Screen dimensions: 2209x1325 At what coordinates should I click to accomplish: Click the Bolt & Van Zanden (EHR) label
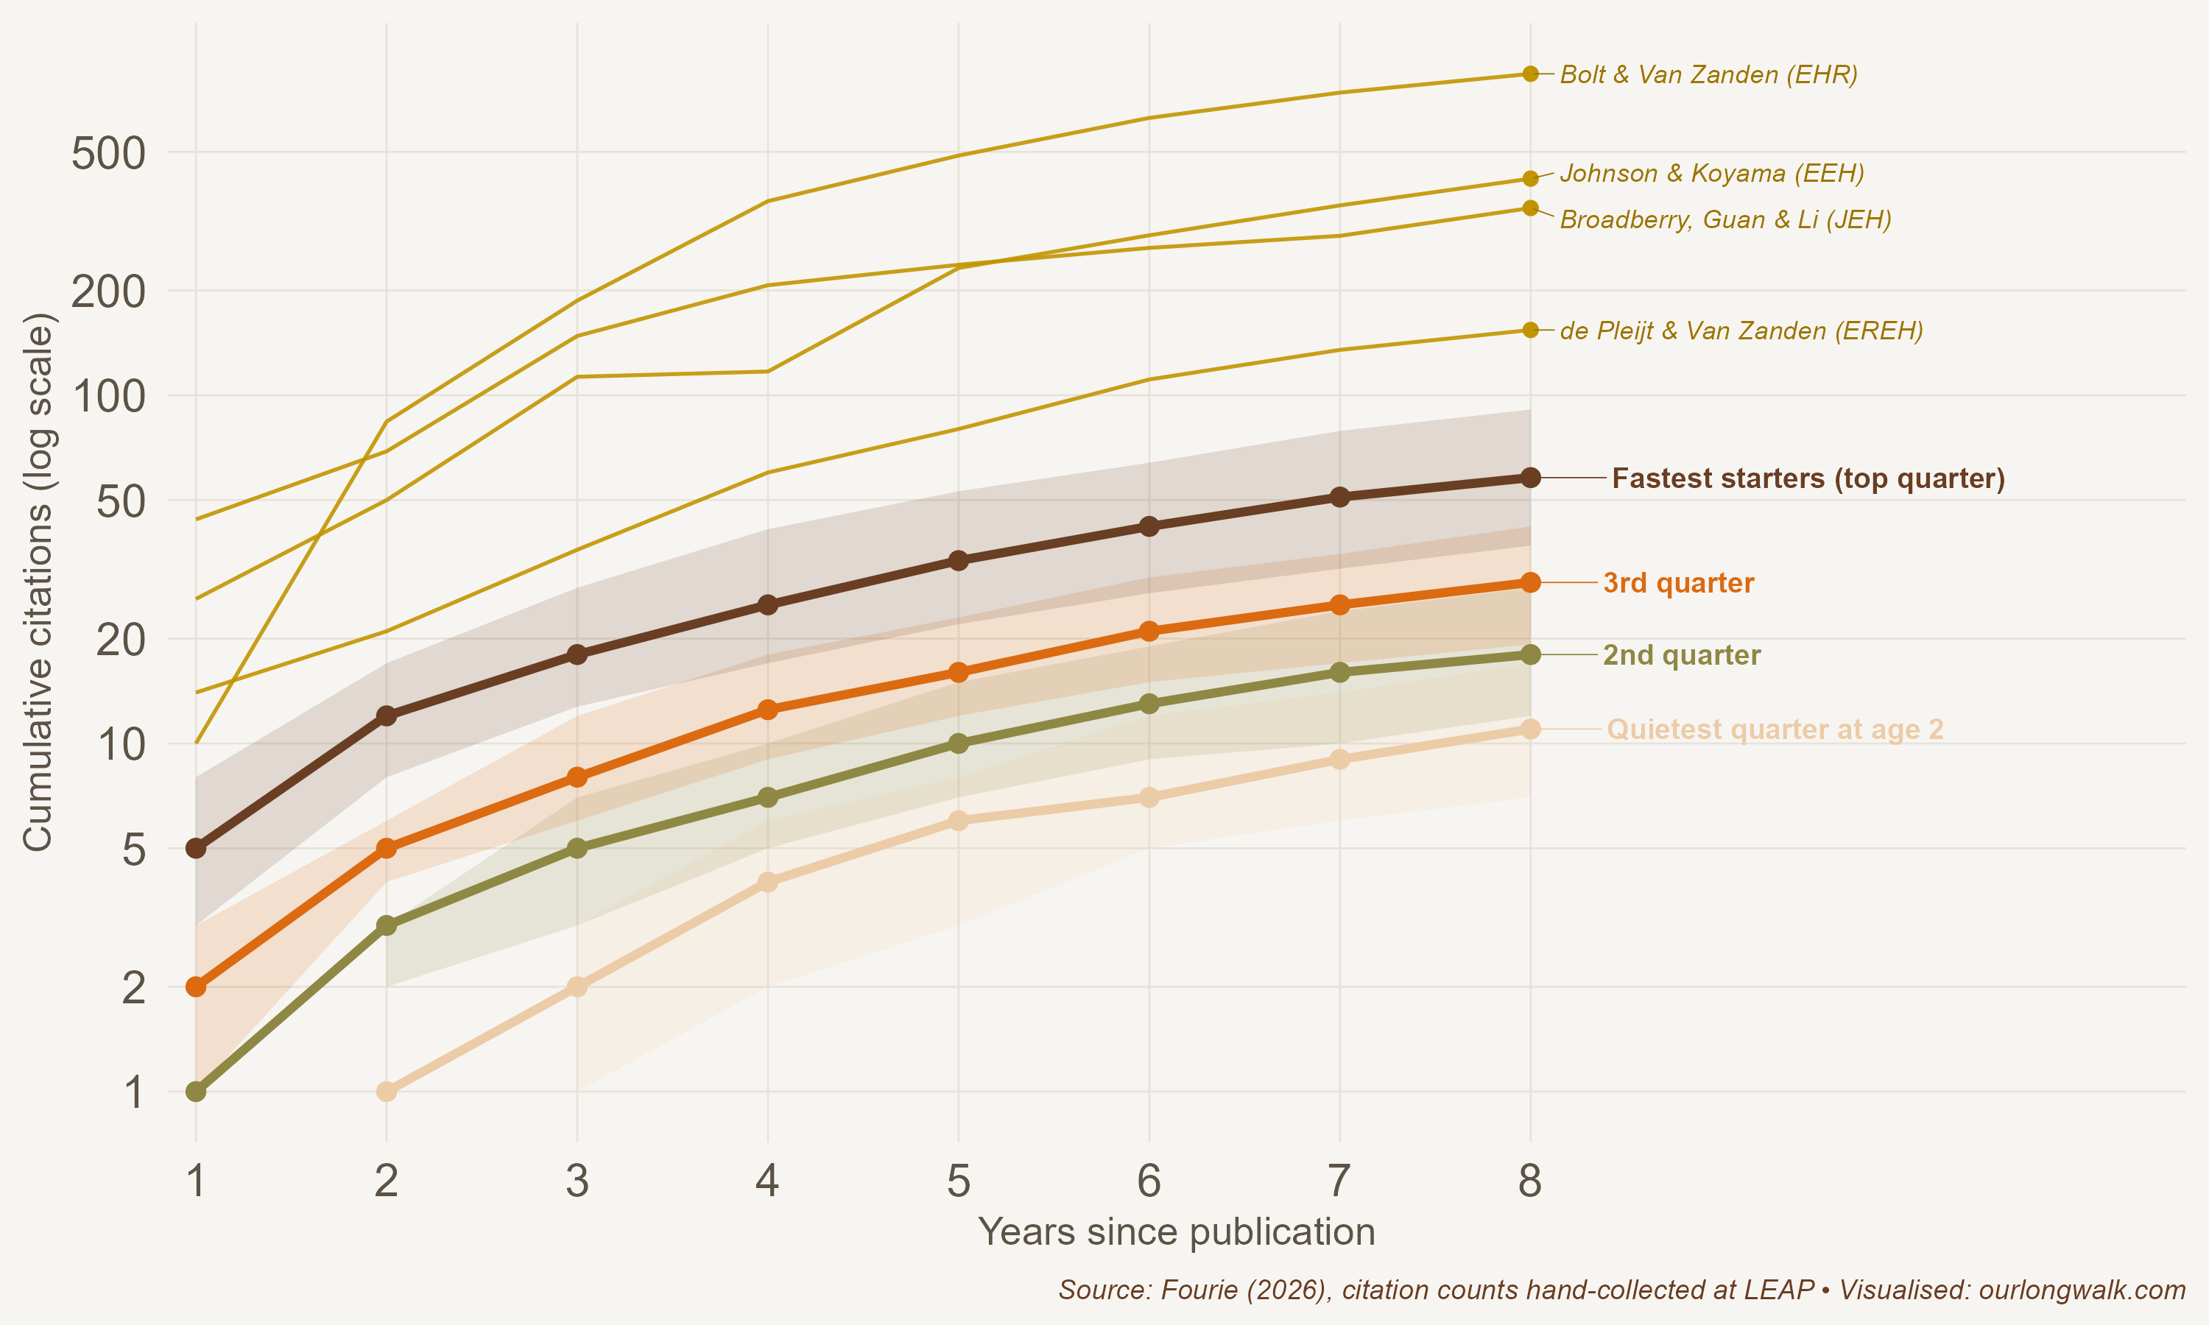click(x=1708, y=74)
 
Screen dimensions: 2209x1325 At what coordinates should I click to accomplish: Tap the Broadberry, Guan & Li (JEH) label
click(x=1725, y=219)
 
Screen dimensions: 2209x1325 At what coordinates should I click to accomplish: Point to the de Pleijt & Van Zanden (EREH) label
click(x=1741, y=331)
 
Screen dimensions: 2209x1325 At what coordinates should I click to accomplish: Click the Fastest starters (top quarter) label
click(x=1808, y=478)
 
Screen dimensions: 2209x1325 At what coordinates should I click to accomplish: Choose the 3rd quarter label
click(x=1679, y=583)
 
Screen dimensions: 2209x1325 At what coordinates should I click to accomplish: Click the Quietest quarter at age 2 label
click(x=1775, y=729)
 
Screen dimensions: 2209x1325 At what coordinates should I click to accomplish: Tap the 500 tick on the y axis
click(x=108, y=154)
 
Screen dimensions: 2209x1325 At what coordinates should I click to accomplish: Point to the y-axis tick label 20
click(x=121, y=639)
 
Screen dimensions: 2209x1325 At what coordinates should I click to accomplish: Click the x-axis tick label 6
click(x=1149, y=1181)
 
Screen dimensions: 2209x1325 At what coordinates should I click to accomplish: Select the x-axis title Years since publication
click(x=1177, y=1232)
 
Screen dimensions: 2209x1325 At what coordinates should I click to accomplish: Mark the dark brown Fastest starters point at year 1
click(x=196, y=848)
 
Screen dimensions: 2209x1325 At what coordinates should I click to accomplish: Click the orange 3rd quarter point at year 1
click(x=196, y=986)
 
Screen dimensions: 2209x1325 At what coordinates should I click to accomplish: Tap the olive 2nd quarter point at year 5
click(x=958, y=743)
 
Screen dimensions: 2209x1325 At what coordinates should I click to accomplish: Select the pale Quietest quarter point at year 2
click(x=387, y=1092)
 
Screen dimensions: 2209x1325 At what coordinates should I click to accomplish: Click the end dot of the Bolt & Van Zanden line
click(x=1530, y=74)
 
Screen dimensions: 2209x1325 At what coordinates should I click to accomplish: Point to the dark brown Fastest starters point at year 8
click(x=1530, y=478)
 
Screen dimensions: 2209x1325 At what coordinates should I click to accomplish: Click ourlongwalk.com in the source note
click(x=2082, y=1290)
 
